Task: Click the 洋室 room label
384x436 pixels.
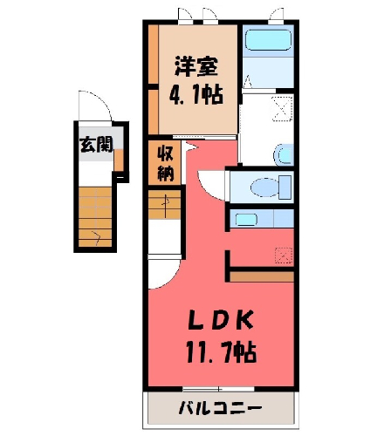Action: click(x=196, y=66)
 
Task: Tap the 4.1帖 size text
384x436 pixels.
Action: click(x=196, y=95)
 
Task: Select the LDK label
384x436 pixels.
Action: click(x=221, y=320)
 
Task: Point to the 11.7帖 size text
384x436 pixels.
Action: click(x=221, y=352)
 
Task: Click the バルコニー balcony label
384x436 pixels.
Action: click(x=220, y=408)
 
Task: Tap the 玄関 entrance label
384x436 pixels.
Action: click(x=96, y=145)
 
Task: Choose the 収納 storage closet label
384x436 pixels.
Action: click(x=165, y=164)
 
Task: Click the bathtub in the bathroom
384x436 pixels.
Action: click(x=268, y=40)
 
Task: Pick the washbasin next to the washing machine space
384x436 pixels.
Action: click(x=284, y=154)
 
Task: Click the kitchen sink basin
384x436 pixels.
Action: click(x=246, y=220)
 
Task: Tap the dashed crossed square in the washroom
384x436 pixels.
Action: click(x=282, y=109)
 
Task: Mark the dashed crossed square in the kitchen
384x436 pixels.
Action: click(x=284, y=255)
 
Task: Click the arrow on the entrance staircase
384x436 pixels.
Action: click(x=96, y=236)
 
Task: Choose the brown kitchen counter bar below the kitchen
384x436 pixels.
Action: click(x=262, y=276)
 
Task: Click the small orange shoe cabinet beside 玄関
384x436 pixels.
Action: click(x=119, y=160)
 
